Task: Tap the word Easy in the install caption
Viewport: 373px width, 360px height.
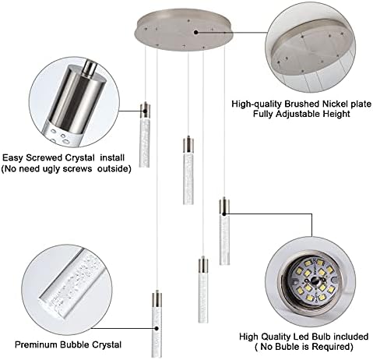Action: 13,157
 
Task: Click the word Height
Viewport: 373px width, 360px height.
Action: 332,115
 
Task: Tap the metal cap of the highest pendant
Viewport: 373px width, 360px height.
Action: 145,110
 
